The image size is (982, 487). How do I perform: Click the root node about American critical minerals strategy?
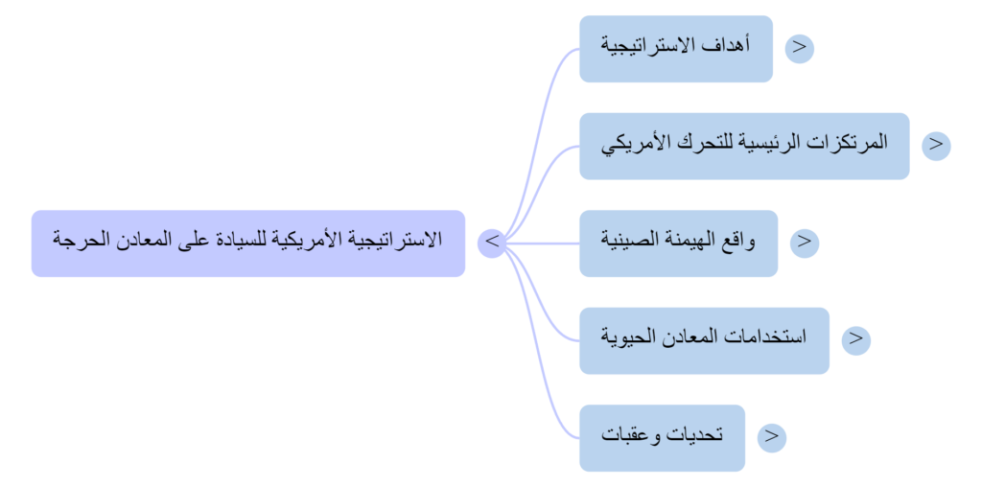click(x=247, y=243)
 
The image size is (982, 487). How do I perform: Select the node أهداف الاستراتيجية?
click(x=675, y=48)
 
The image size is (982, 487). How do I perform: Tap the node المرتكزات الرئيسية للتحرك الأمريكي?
click(x=743, y=145)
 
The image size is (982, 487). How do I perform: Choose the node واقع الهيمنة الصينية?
click(x=678, y=243)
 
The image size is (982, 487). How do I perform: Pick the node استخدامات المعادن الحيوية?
click(x=703, y=340)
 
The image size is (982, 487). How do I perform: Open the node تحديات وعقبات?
click(x=662, y=437)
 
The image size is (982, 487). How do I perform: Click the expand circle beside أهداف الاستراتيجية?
click(x=799, y=48)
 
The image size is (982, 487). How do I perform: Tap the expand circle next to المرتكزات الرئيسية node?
click(x=936, y=145)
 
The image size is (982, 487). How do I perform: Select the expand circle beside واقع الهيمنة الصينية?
click(x=804, y=243)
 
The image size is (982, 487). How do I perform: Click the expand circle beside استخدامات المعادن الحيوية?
click(x=855, y=339)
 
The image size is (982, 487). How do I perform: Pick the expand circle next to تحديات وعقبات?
click(x=771, y=437)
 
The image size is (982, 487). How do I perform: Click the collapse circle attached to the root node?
click(x=491, y=243)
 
